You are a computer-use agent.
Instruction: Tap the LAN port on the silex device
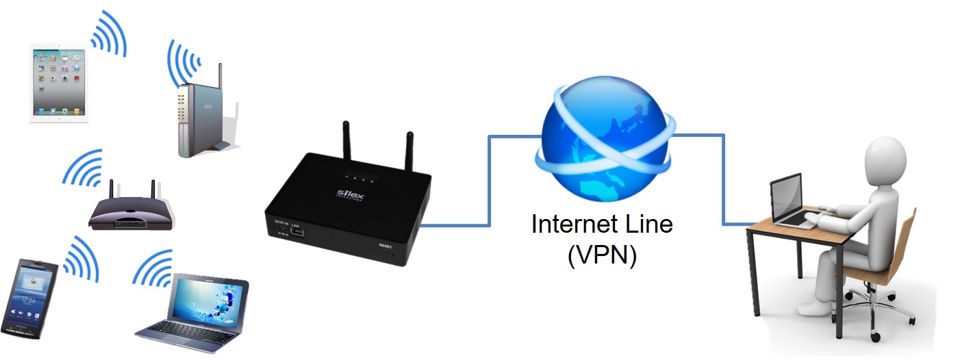pyautogui.click(x=297, y=231)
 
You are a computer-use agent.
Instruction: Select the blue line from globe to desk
pyautogui.click(x=723, y=178)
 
